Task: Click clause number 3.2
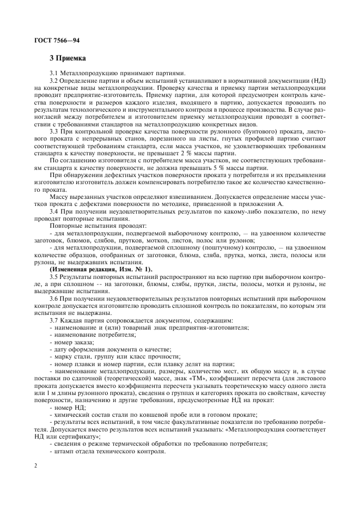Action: pyautogui.click(x=55, y=81)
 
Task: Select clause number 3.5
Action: pyautogui.click(x=55, y=276)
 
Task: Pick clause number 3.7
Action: pyautogui.click(x=55, y=320)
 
